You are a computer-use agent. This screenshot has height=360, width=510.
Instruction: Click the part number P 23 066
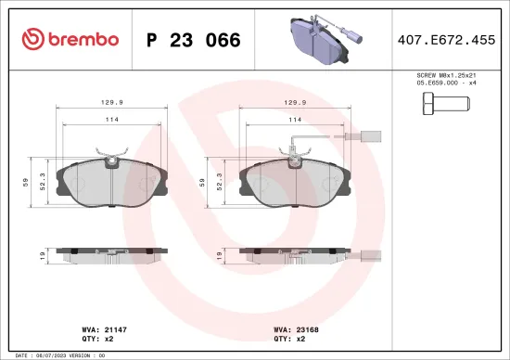pyautogui.click(x=194, y=40)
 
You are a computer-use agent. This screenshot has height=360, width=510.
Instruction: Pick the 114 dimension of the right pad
pyautogui.click(x=295, y=120)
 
